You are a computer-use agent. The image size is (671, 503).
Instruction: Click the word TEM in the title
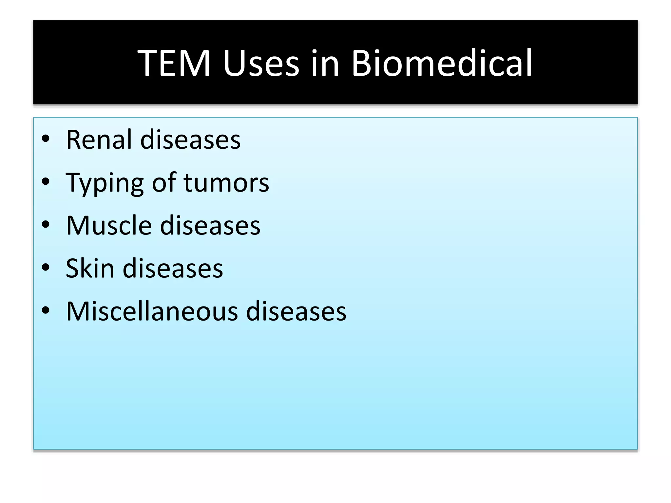click(x=174, y=63)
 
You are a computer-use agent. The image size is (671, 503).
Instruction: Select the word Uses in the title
click(x=261, y=63)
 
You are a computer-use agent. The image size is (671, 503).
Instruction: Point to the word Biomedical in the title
click(x=442, y=63)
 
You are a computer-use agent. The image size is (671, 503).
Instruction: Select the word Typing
click(x=105, y=183)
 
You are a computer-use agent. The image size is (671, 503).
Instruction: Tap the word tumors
click(x=226, y=183)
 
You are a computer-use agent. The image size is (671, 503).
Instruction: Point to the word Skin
click(x=90, y=268)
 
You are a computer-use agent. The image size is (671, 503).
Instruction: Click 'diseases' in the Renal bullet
click(x=190, y=140)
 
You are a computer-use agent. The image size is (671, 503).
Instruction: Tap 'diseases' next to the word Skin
click(x=173, y=268)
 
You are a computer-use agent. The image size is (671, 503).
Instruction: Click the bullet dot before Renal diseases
click(x=46, y=139)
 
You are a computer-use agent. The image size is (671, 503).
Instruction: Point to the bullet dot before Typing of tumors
click(x=46, y=182)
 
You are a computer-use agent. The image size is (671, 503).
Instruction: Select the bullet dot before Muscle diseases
click(x=46, y=225)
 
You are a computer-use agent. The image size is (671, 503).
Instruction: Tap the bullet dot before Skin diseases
click(x=46, y=268)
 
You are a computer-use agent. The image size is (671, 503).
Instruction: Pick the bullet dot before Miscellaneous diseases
click(x=46, y=310)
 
